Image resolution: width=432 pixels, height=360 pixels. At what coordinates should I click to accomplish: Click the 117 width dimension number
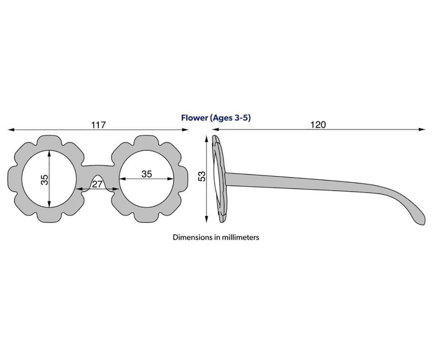coord(99,125)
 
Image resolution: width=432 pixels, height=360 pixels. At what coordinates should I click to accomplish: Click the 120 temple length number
coord(318,125)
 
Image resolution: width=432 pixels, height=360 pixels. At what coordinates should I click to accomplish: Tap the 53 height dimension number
coord(202,176)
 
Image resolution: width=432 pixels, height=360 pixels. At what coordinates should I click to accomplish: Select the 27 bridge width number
coord(97,184)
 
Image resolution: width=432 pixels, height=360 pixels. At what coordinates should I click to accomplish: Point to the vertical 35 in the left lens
coord(45,180)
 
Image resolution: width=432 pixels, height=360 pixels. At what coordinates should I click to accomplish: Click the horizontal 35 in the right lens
coord(147,174)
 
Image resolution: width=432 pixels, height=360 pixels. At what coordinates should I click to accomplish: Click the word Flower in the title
coord(194,118)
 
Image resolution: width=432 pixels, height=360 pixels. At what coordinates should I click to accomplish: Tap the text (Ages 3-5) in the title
coord(230,118)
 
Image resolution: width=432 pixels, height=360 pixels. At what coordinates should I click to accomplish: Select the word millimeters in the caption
coord(240,237)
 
